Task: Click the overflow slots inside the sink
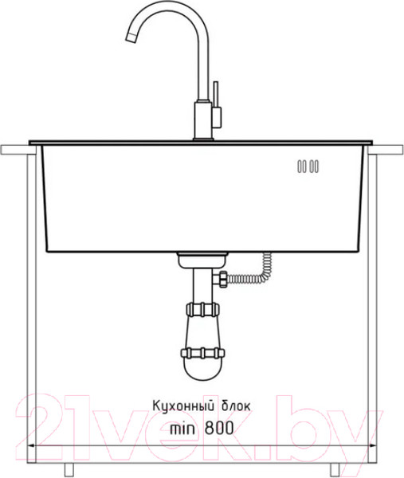point(308,167)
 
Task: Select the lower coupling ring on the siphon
point(202,352)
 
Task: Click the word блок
point(233,406)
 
